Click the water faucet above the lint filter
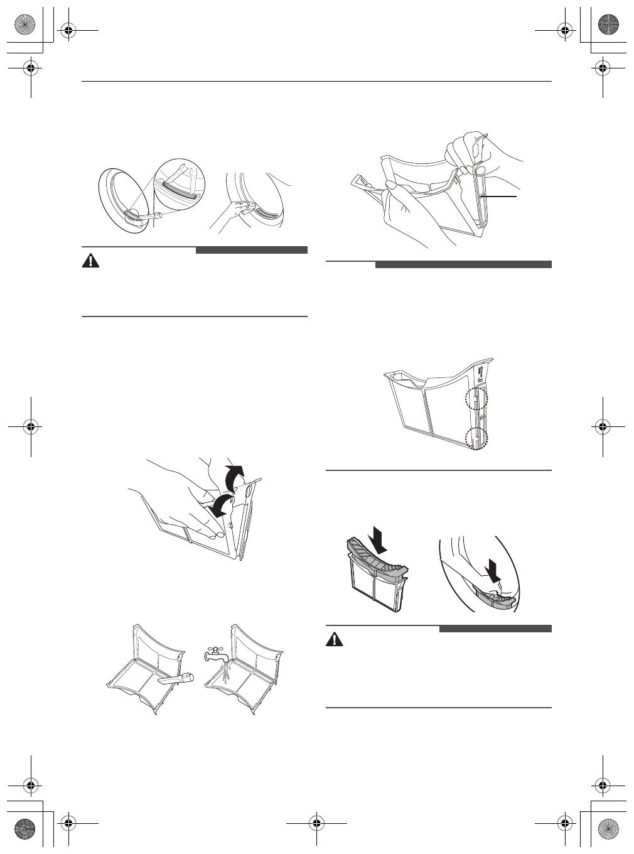(x=211, y=654)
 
